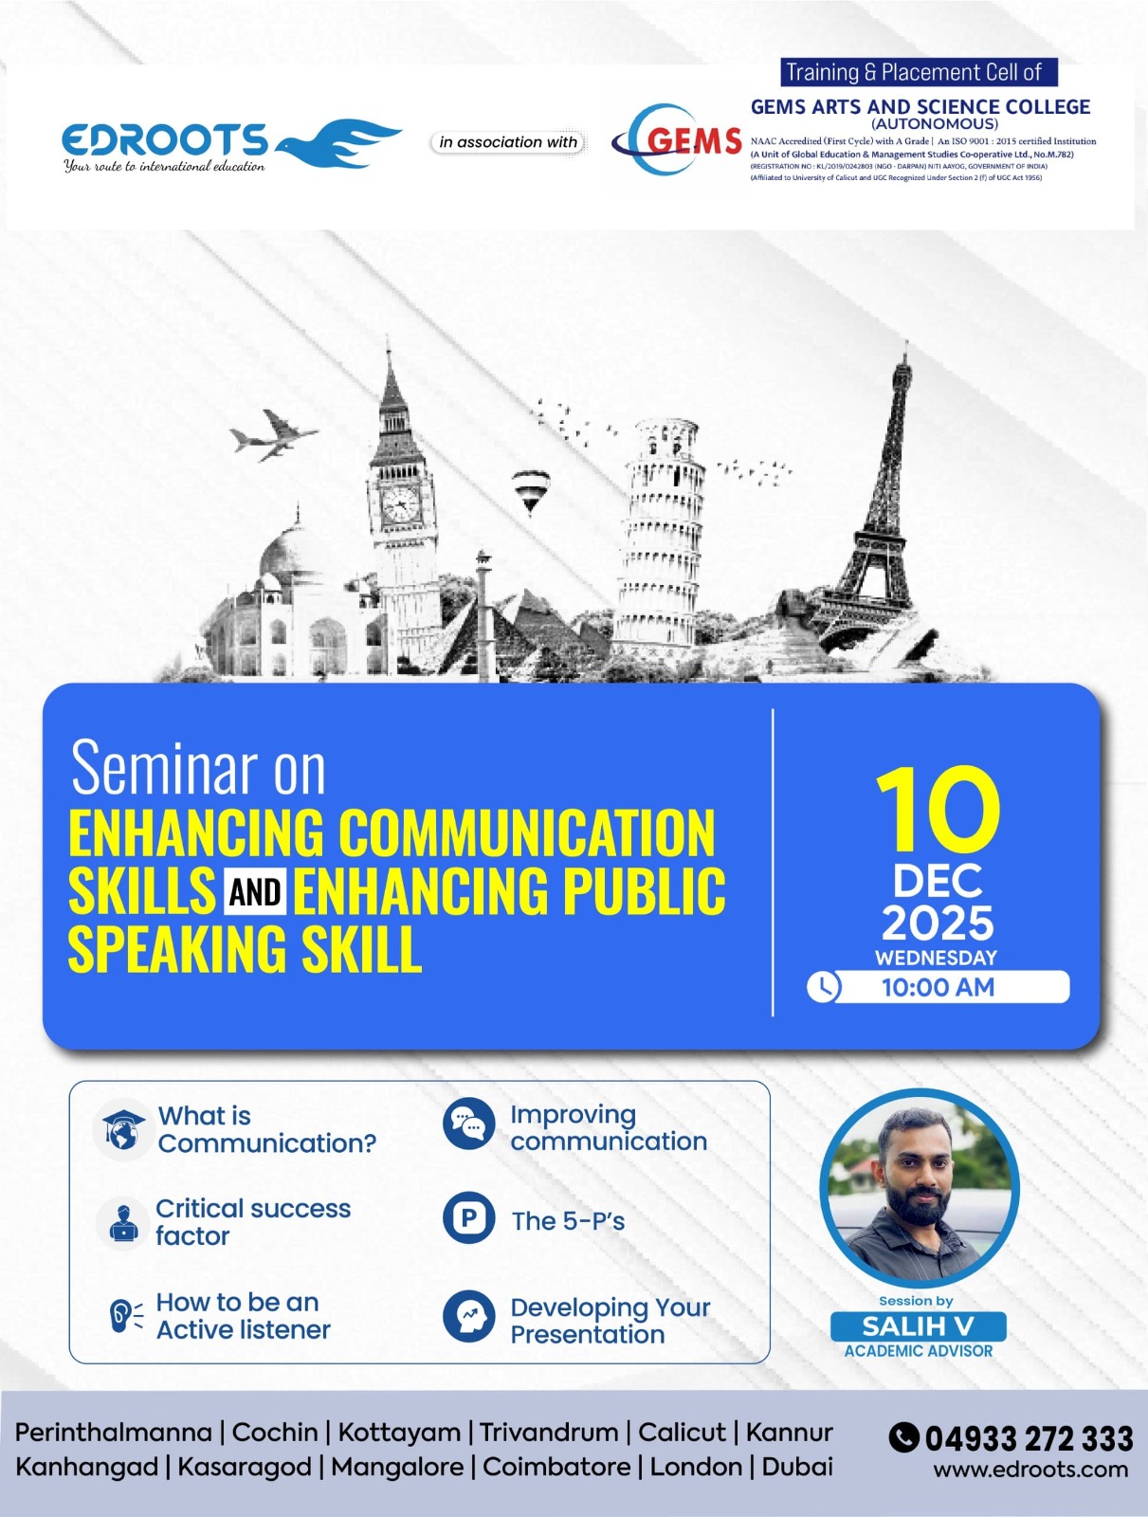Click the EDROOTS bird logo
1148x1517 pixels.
click(x=337, y=143)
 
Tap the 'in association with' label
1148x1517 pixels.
click(x=508, y=142)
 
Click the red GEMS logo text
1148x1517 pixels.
click(x=694, y=141)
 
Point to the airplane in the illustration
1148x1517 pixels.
click(x=274, y=434)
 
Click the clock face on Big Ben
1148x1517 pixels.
click(x=401, y=503)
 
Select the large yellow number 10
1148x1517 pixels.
click(x=938, y=810)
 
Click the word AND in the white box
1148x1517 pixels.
click(x=255, y=891)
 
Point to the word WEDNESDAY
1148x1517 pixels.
click(x=936, y=958)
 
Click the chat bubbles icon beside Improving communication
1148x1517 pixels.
click(x=469, y=1124)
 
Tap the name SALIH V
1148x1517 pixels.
click(x=918, y=1326)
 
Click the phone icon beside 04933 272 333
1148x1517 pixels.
click(x=903, y=1436)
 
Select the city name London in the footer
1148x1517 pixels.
click(x=696, y=1467)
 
